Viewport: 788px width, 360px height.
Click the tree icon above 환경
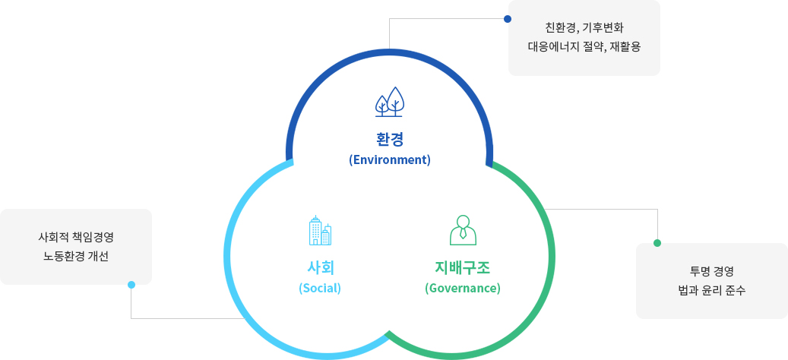tap(390, 102)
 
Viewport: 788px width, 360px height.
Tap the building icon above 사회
tap(320, 230)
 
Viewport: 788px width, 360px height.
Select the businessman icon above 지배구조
tap(463, 230)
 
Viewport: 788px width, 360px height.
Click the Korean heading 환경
tap(390, 139)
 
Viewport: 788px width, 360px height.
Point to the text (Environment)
tap(390, 160)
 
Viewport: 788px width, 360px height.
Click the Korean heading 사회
tap(320, 267)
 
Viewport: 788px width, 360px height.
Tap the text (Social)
tap(320, 289)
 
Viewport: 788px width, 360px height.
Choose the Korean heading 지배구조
tap(462, 267)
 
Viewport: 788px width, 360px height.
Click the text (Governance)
tap(462, 289)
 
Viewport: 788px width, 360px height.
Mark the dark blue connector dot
tap(508, 19)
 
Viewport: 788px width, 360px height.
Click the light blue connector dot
tap(131, 285)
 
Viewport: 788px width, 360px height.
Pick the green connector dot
tap(657, 243)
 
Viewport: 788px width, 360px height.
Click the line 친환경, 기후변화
tap(584, 27)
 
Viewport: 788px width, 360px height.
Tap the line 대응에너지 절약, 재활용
tap(584, 48)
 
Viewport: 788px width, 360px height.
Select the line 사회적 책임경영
tap(76, 235)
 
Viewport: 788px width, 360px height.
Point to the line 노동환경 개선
tap(76, 257)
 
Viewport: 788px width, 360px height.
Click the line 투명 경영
tap(711, 272)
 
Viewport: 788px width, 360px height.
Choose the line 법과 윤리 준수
tap(711, 291)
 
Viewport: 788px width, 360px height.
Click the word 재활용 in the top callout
tap(625, 48)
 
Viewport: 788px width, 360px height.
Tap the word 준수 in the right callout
tap(736, 291)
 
